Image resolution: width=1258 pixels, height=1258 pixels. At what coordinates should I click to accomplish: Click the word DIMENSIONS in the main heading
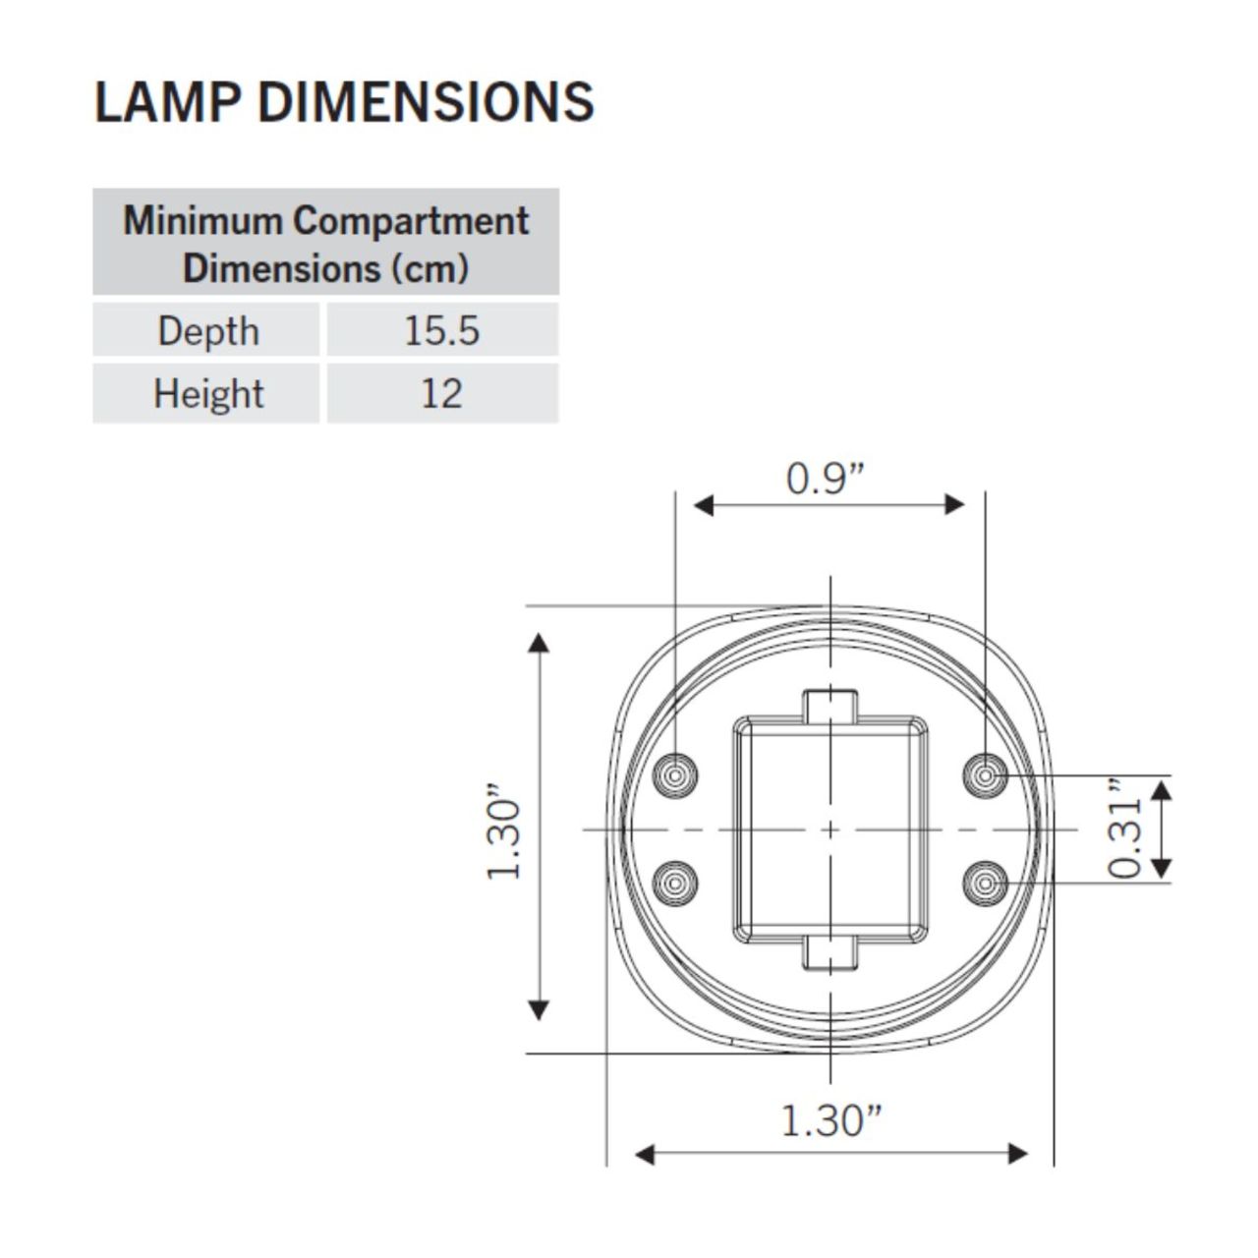point(426,101)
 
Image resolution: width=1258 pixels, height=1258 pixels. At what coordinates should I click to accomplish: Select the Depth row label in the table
point(207,331)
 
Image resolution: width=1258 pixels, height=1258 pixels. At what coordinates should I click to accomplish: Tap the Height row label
point(207,394)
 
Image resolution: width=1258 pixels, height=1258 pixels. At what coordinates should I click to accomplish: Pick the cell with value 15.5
point(441,331)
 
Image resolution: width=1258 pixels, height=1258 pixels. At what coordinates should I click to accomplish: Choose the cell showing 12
point(441,394)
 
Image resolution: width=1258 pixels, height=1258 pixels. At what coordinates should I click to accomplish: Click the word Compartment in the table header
point(411,220)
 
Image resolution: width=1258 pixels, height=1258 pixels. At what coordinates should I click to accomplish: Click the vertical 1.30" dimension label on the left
point(503,830)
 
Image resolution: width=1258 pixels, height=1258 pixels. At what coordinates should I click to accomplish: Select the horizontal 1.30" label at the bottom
point(830,1119)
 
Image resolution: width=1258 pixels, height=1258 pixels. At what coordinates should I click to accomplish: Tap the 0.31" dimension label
point(1125,829)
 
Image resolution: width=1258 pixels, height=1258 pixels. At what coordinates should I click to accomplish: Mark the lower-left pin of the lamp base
point(677,884)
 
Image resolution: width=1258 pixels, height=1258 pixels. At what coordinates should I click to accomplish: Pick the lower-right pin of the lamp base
point(984,884)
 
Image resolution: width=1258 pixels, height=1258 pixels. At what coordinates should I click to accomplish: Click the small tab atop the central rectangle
point(831,705)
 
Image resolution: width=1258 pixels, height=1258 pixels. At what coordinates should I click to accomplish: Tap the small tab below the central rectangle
point(831,954)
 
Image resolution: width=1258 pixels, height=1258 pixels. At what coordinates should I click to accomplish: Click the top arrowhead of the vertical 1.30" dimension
point(539,644)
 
